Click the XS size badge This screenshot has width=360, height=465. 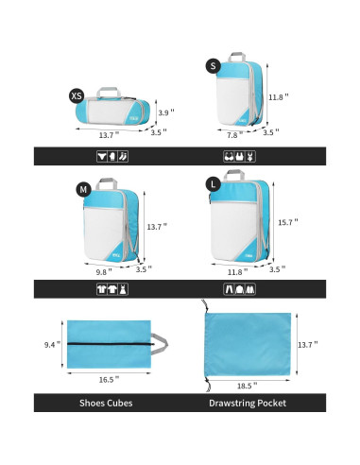77,96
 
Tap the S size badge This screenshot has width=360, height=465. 214,64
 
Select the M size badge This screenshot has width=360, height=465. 84,190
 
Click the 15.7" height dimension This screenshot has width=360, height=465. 288,222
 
